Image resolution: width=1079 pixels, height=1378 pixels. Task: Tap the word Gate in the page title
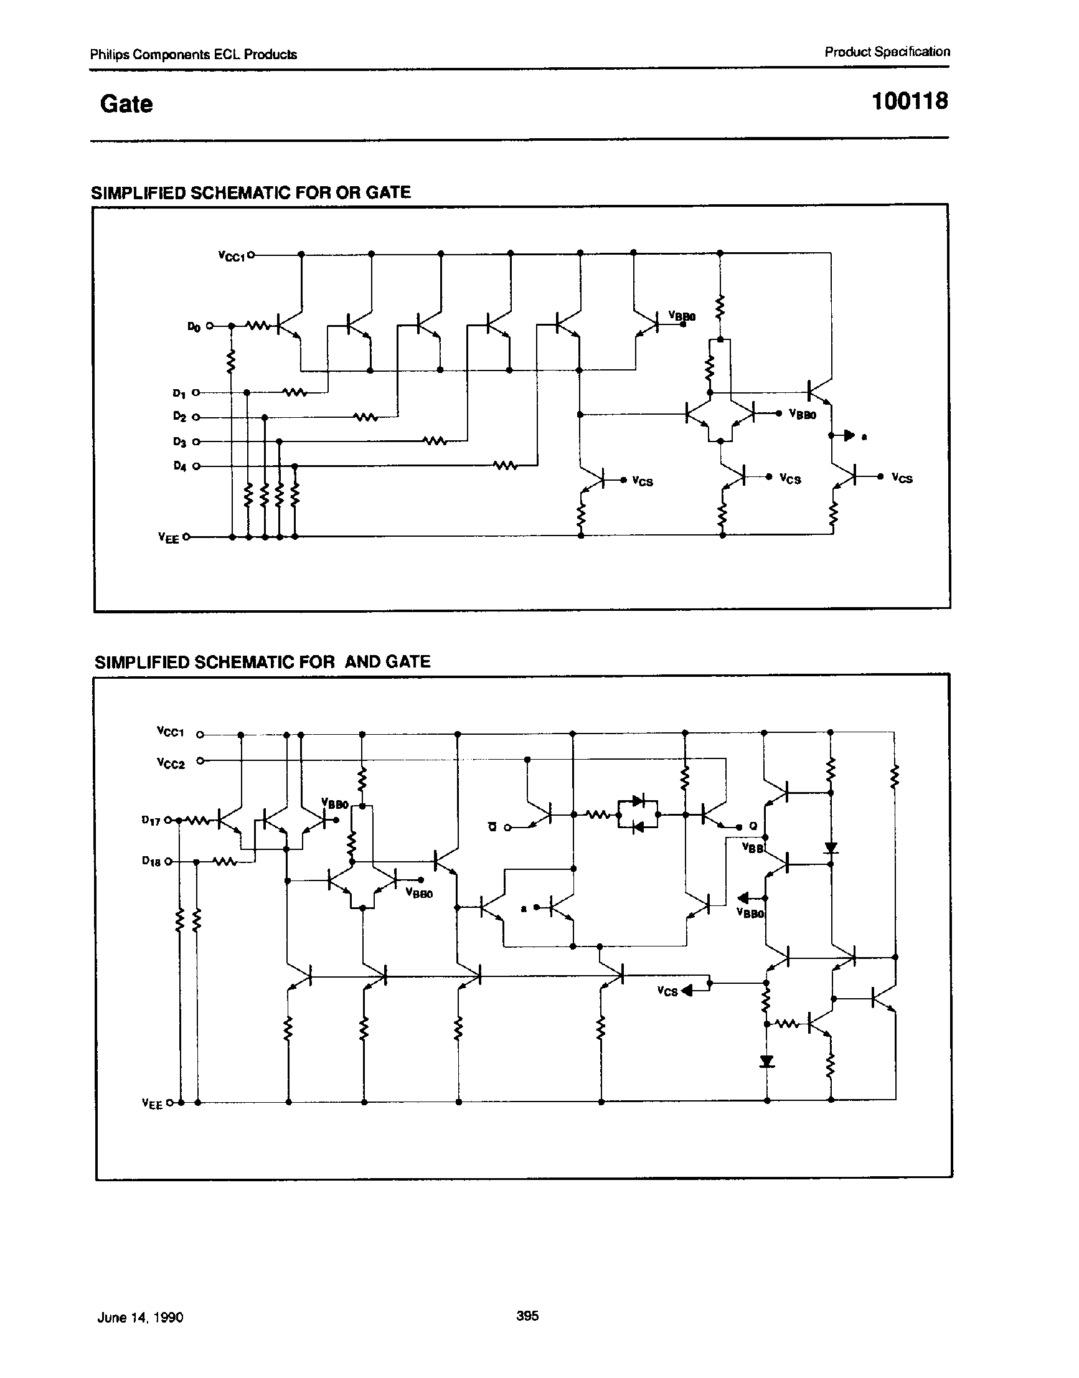126,104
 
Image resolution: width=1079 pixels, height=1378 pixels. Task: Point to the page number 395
527,1316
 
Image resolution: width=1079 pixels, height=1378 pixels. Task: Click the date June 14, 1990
140,1318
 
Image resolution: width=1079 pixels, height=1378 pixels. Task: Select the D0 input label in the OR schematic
193,327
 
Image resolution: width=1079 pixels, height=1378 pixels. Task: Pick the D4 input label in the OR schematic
179,466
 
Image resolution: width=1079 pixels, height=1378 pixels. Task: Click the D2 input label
179,417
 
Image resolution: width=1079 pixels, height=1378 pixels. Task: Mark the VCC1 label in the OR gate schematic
231,256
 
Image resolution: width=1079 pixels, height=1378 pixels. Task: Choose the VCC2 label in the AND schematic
171,763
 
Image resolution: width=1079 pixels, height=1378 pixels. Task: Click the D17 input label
152,820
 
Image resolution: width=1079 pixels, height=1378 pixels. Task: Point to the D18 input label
152,861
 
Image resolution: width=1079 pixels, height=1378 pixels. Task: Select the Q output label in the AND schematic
753,826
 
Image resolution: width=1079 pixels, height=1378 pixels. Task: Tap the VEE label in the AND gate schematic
153,1104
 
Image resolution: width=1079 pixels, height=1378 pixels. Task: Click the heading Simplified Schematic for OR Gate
251,192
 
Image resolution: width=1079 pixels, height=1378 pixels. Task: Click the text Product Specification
887,52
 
